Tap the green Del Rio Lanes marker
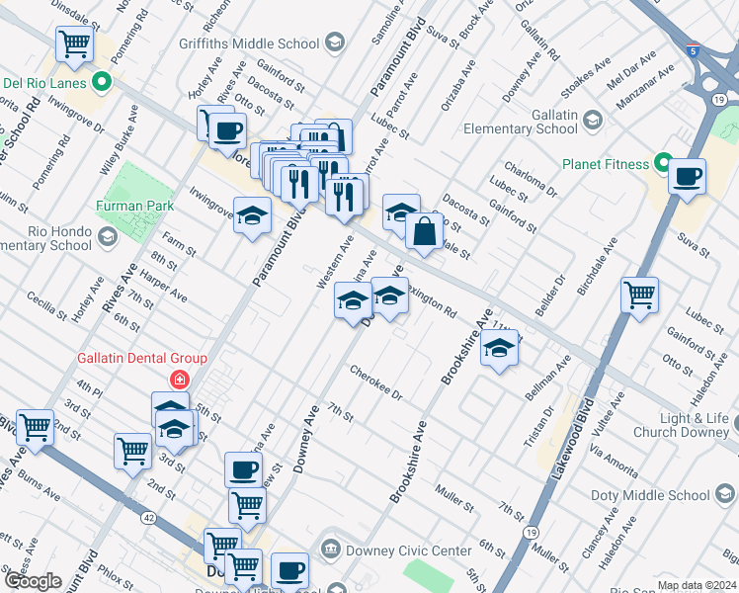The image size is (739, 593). tap(100, 82)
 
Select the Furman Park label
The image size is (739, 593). tap(135, 206)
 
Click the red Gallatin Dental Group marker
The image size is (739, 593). tap(179, 379)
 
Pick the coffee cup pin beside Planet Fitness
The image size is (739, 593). tap(687, 178)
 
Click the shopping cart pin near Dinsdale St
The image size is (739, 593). tap(74, 44)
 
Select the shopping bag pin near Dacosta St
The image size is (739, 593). tap(424, 232)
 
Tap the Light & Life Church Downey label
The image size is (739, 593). tap(681, 425)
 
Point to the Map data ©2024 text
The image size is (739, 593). tap(697, 585)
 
